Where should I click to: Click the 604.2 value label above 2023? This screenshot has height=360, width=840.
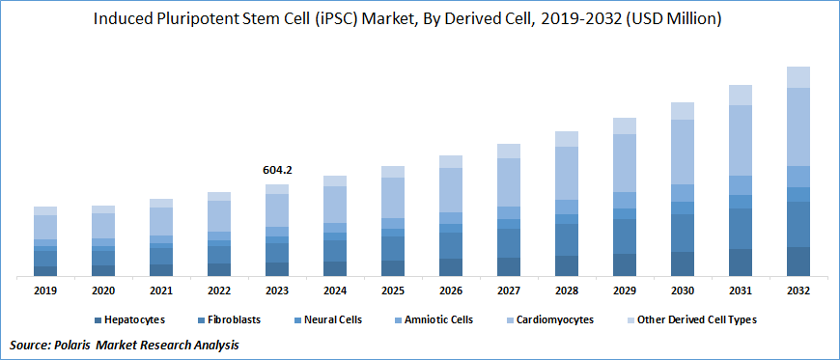pos(277,170)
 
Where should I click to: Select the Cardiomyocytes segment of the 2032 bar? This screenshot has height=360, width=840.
pos(798,126)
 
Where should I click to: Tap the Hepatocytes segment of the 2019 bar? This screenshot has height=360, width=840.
pos(45,270)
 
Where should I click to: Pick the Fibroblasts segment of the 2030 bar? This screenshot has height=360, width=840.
pos(683,233)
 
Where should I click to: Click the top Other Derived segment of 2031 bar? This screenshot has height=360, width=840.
pos(741,95)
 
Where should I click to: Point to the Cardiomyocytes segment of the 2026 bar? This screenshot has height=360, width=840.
pos(451,190)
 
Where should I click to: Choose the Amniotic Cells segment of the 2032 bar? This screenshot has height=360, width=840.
pos(798,176)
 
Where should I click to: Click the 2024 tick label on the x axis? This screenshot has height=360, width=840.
pos(335,291)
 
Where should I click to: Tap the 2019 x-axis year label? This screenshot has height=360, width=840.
pos(45,291)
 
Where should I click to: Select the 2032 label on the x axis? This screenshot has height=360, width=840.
pos(798,291)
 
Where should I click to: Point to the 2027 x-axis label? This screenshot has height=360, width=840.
pos(509,291)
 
